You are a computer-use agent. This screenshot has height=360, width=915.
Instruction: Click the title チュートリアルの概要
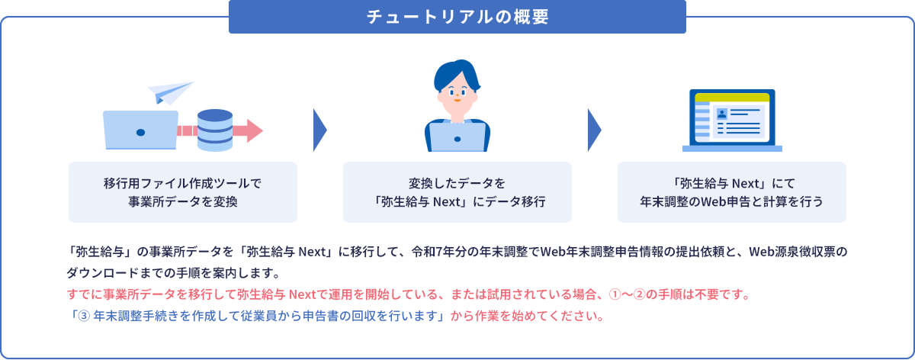[457, 17]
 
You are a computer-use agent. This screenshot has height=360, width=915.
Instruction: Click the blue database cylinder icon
[214, 130]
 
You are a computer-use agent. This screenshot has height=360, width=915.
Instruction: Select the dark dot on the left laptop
[140, 132]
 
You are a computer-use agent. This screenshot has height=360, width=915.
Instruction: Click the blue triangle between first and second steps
[319, 130]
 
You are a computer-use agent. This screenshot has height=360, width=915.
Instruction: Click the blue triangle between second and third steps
[594, 130]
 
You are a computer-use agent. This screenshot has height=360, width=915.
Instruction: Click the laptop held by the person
[457, 137]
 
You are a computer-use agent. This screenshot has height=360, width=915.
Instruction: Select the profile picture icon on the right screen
[721, 113]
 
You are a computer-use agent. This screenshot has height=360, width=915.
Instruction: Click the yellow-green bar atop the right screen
[731, 98]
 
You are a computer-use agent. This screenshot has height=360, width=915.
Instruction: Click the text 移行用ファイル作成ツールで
[182, 183]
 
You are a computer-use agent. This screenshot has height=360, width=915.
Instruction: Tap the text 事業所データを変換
[182, 201]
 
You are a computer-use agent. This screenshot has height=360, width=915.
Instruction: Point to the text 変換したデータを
[457, 183]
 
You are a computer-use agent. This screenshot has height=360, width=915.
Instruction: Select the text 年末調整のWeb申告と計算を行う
[731, 201]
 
